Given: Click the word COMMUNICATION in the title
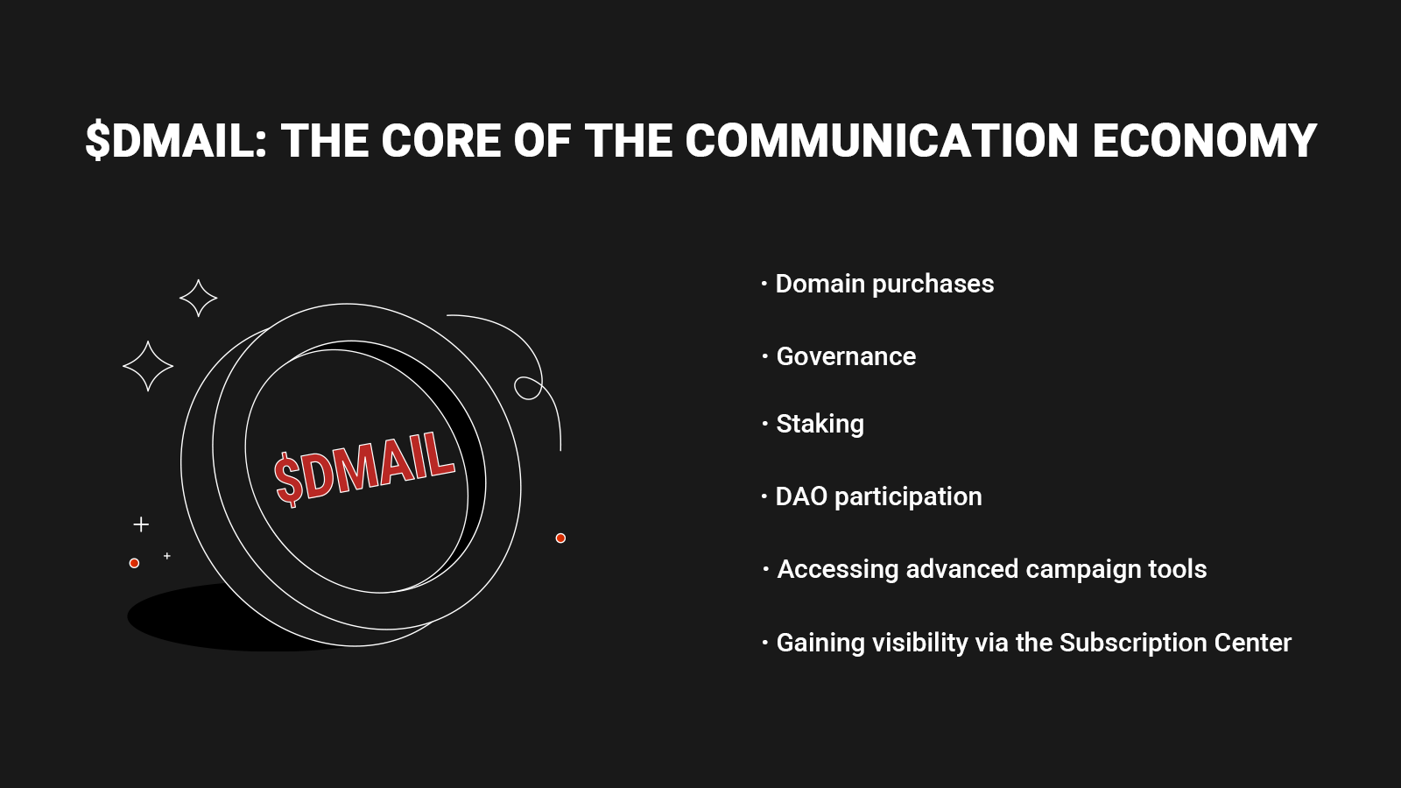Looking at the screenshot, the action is [882, 140].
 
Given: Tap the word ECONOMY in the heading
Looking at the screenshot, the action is [1205, 140].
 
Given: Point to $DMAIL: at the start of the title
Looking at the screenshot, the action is [176, 140].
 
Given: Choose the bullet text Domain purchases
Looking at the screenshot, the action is [884, 285].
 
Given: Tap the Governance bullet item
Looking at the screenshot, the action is [846, 356].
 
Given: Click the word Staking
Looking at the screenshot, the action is [820, 425].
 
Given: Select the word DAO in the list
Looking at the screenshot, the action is [801, 496].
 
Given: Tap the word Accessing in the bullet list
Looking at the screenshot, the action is [837, 570].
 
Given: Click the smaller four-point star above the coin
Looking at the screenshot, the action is [198, 299].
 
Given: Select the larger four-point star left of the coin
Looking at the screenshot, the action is [148, 367].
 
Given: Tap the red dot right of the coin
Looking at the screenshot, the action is [560, 538].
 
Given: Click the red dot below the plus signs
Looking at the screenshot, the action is [134, 564].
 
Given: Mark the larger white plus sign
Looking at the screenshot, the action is [141, 524].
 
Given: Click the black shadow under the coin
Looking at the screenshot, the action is [187, 619].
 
